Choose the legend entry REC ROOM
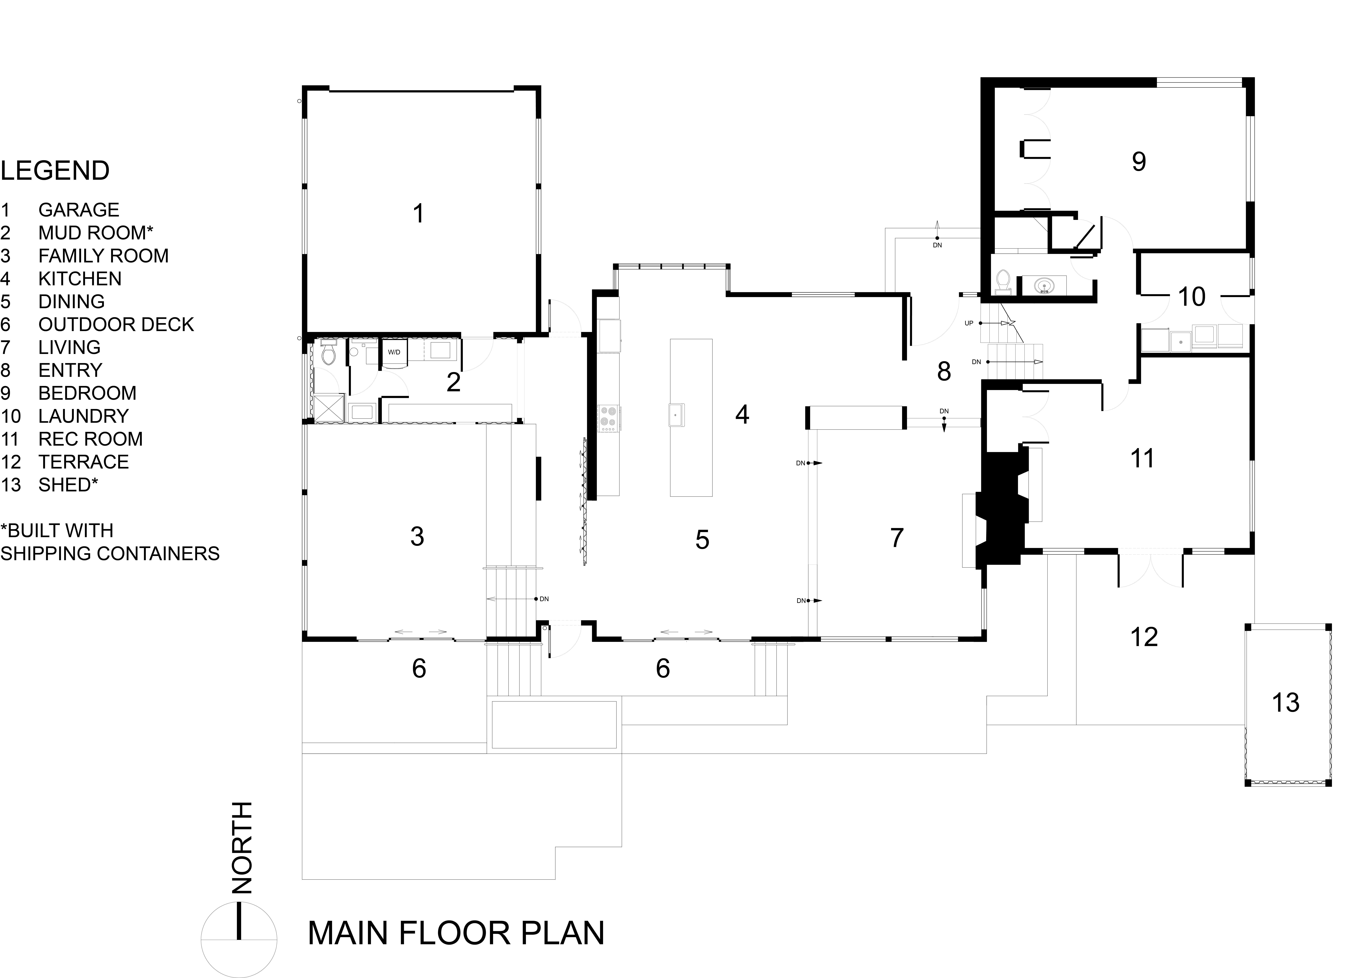90,439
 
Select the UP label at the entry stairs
969,323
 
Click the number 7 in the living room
897,538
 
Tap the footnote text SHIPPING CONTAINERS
110,553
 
